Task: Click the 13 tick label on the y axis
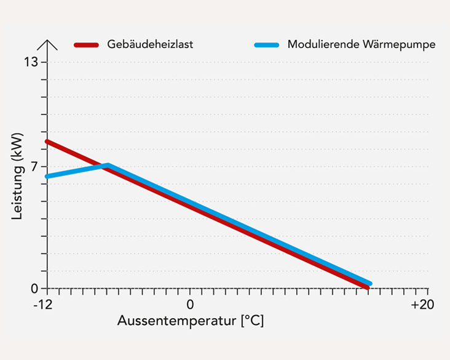click(31, 62)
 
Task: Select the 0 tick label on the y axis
click(34, 288)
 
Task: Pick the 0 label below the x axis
click(190, 305)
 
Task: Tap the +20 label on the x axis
click(422, 305)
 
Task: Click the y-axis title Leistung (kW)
click(18, 176)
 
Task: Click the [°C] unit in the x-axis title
click(252, 321)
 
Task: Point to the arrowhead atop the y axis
click(47, 44)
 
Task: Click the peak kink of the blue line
click(108, 165)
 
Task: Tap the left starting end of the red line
click(48, 142)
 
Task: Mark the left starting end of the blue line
click(48, 177)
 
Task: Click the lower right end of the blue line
click(369, 284)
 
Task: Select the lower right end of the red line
click(367, 287)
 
